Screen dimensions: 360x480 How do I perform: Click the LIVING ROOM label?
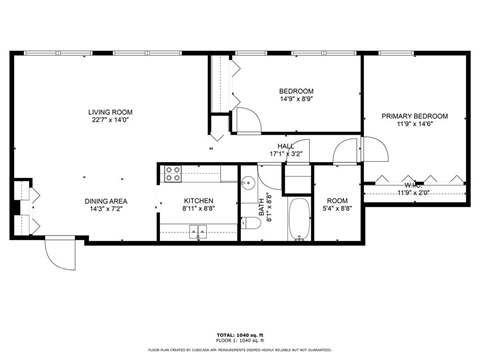111,111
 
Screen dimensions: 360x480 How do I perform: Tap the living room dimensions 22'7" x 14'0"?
111,121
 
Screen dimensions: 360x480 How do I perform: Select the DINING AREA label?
104,200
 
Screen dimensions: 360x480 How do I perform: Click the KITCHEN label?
198,200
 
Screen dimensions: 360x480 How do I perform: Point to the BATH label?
263,210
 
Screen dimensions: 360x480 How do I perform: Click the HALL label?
285,146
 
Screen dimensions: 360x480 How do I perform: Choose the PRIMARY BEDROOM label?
414,116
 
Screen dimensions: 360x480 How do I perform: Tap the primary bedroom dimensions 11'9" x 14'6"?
414,126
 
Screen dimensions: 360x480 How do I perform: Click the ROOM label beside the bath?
338,200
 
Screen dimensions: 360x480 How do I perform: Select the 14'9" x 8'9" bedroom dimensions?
296,99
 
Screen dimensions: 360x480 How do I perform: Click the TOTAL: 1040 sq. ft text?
239,333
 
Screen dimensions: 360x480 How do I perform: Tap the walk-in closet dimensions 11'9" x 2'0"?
417,192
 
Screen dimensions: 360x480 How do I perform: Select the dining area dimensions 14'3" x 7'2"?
104,209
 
